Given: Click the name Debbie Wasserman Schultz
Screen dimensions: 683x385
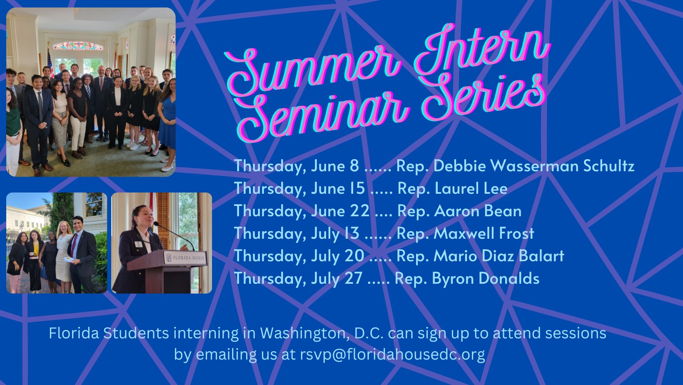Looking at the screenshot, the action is (x=534, y=166).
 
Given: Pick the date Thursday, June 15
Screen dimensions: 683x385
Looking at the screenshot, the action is (x=299, y=188).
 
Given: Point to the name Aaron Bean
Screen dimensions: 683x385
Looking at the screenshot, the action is (x=478, y=211).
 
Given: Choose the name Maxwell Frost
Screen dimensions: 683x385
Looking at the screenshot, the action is (x=484, y=233).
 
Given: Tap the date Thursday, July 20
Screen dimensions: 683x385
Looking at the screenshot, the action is (x=299, y=256).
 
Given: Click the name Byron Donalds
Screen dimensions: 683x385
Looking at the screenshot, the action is (x=486, y=278).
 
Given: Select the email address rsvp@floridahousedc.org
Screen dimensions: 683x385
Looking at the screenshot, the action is (x=392, y=355).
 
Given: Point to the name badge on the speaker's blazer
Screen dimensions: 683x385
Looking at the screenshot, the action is (x=139, y=244).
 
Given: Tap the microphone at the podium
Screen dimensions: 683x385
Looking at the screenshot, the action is (x=174, y=233).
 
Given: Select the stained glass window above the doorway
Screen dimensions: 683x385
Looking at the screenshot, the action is (x=78, y=46).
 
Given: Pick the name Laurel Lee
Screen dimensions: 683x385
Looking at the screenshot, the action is (x=471, y=188).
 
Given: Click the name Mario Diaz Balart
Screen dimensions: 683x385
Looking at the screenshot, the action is (x=499, y=256).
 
